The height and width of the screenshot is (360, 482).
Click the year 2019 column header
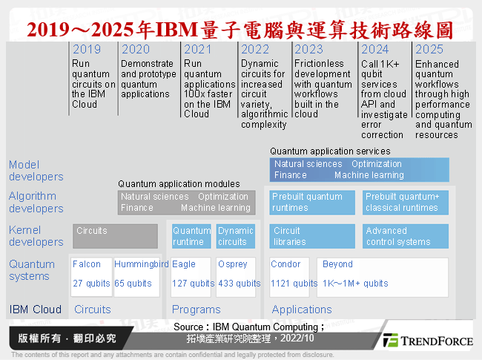(x=87, y=50)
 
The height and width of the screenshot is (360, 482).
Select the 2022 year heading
(x=254, y=50)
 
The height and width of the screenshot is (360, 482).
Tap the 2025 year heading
(x=429, y=50)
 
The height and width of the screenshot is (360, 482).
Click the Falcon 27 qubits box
(x=93, y=274)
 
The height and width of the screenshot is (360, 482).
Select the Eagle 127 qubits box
(x=191, y=274)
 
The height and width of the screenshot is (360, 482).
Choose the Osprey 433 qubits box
(x=237, y=274)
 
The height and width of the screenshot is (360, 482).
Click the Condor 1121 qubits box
(x=291, y=274)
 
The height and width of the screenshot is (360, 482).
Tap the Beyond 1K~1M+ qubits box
(x=383, y=274)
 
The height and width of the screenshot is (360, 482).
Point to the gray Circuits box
(x=115, y=236)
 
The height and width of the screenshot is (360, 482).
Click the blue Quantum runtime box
(x=191, y=236)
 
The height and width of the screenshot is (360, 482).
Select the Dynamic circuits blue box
(x=236, y=236)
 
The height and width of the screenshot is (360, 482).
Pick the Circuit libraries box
(x=311, y=236)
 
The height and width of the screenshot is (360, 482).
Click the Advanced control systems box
(x=405, y=236)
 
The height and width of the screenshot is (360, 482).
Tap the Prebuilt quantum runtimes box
(x=311, y=202)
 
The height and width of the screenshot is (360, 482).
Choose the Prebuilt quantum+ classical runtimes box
(x=405, y=202)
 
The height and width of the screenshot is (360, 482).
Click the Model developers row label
(x=36, y=171)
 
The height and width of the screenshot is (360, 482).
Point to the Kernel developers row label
(x=36, y=236)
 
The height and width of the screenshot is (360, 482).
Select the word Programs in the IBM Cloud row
(x=197, y=310)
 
